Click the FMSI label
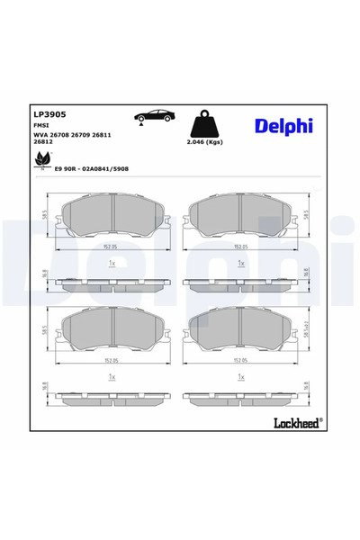(42, 126)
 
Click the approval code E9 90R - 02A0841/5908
(92, 168)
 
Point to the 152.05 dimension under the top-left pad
(112, 247)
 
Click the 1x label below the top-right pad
(241, 263)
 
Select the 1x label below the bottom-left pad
(112, 376)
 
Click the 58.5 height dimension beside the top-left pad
(46, 217)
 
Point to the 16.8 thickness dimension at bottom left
(46, 388)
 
